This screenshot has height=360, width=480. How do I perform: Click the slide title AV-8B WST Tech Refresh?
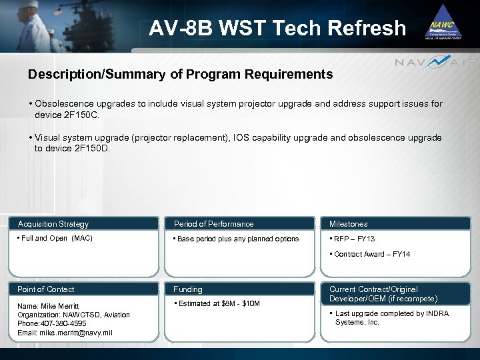coord(277,28)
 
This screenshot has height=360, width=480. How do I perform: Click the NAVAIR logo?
coord(436,63)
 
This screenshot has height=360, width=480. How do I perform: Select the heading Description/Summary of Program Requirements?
coord(180,75)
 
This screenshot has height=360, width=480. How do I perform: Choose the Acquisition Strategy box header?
coord(53,224)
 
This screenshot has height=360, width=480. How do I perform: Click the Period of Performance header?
coord(213,224)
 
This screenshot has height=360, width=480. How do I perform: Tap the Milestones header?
coord(348,224)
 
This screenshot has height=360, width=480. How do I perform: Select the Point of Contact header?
coord(46,289)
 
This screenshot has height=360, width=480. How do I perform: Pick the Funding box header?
coord(188,289)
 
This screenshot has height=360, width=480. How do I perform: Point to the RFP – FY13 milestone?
coord(355,239)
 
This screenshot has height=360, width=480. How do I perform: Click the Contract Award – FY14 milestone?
coord(372,254)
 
